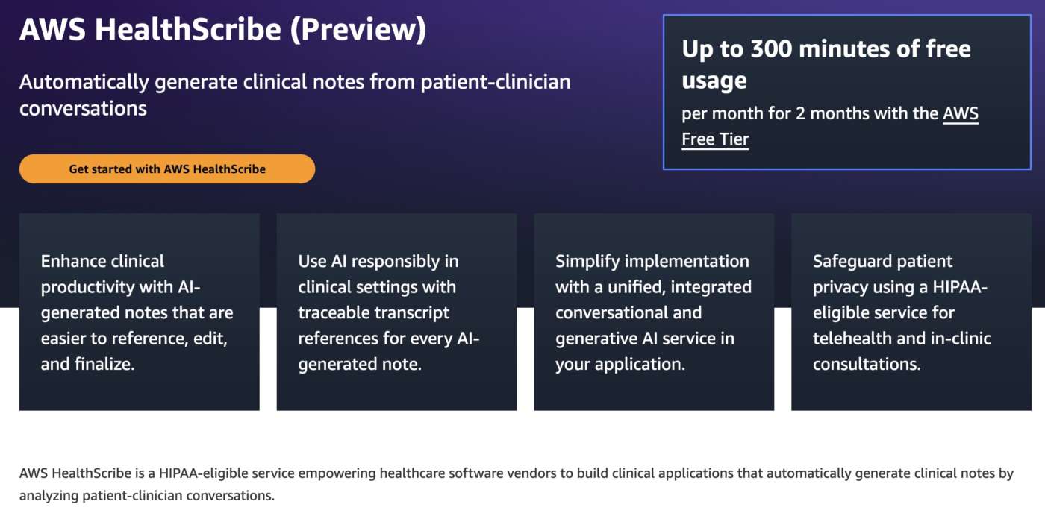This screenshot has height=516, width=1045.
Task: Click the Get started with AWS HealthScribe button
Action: (x=167, y=169)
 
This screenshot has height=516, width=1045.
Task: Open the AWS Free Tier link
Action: (x=830, y=126)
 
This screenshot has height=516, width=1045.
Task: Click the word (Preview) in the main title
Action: (x=358, y=30)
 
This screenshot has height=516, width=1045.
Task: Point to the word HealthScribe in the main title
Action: (x=188, y=29)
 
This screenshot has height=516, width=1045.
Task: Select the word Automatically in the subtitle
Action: (x=84, y=83)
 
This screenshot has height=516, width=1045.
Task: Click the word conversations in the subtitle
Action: (x=83, y=109)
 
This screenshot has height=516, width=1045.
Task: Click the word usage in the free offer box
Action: (x=714, y=81)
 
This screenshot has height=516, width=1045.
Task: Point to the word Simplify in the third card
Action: (x=587, y=262)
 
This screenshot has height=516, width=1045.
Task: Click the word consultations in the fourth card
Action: (x=867, y=364)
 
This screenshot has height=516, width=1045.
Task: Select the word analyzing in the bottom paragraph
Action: (x=49, y=495)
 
